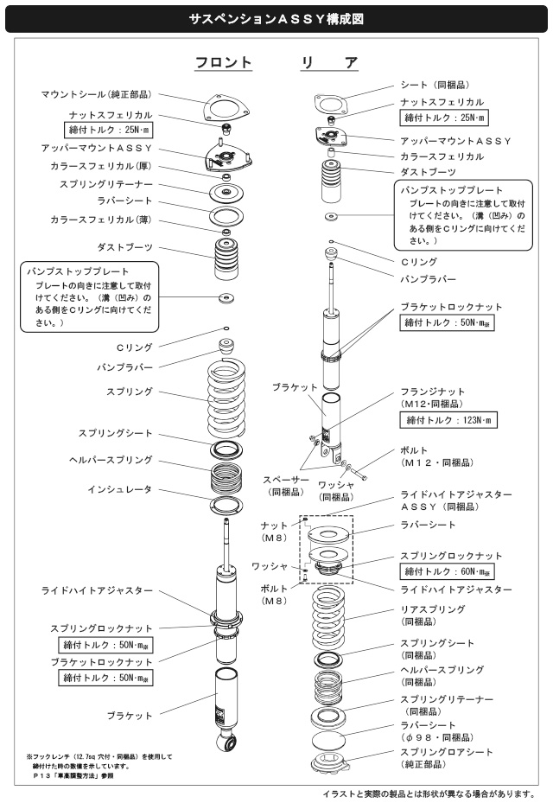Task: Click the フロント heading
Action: (x=223, y=62)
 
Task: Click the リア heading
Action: (x=329, y=62)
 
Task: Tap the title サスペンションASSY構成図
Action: (x=276, y=19)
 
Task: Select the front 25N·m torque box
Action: (x=109, y=130)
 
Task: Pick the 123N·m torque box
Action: (x=448, y=420)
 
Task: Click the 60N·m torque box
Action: (x=447, y=571)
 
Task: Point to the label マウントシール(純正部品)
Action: (x=96, y=94)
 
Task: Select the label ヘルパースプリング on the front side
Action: (x=111, y=460)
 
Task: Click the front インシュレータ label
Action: (x=120, y=489)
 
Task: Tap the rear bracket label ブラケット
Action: (x=295, y=388)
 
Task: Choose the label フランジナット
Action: (x=433, y=392)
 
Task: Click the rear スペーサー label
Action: (x=286, y=481)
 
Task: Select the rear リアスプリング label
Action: (x=433, y=609)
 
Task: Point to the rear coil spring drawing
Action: (x=328, y=620)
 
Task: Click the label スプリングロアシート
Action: (x=447, y=752)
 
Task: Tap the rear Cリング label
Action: (x=419, y=262)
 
